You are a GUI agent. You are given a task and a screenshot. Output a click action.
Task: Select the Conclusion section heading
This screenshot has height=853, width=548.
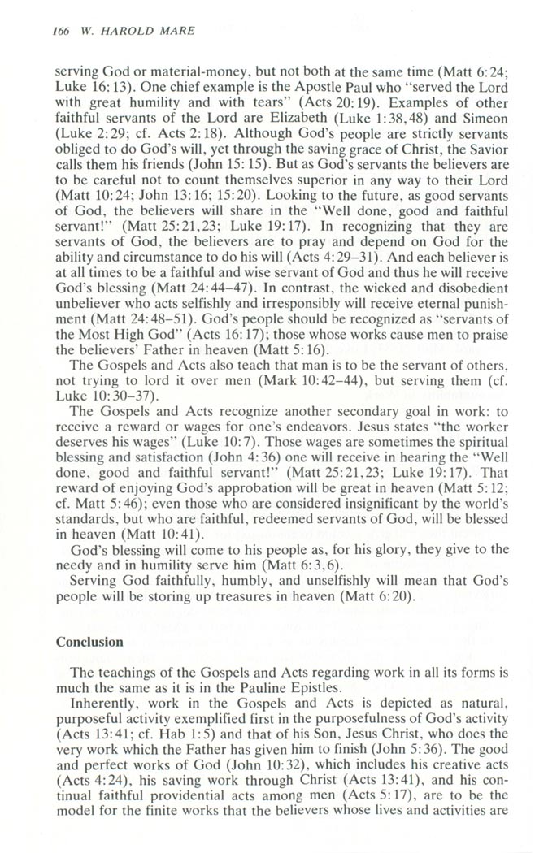pos(89,642)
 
